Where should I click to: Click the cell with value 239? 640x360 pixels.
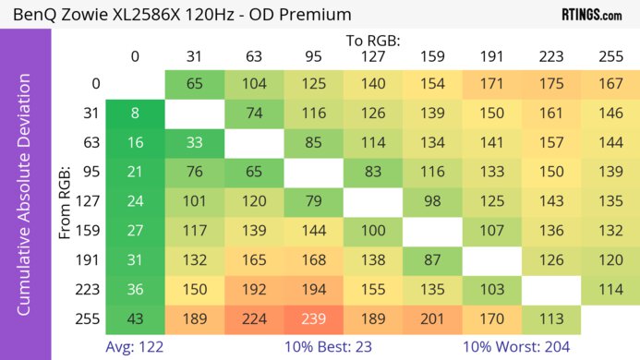point(314,319)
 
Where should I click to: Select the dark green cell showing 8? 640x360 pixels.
point(135,114)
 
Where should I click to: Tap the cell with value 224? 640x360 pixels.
point(254,319)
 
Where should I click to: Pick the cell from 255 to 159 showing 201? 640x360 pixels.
point(433,319)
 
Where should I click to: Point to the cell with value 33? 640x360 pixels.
point(195,143)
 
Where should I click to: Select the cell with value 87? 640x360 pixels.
point(433,260)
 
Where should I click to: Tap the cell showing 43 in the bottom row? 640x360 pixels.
point(135,319)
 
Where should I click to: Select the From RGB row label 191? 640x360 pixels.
point(90,260)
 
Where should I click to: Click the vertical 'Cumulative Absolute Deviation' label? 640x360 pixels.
point(25,201)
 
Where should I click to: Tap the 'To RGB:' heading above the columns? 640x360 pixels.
point(372,41)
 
